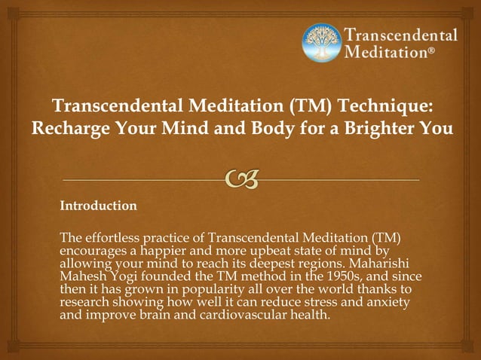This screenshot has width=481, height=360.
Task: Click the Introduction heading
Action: pos(98,205)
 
